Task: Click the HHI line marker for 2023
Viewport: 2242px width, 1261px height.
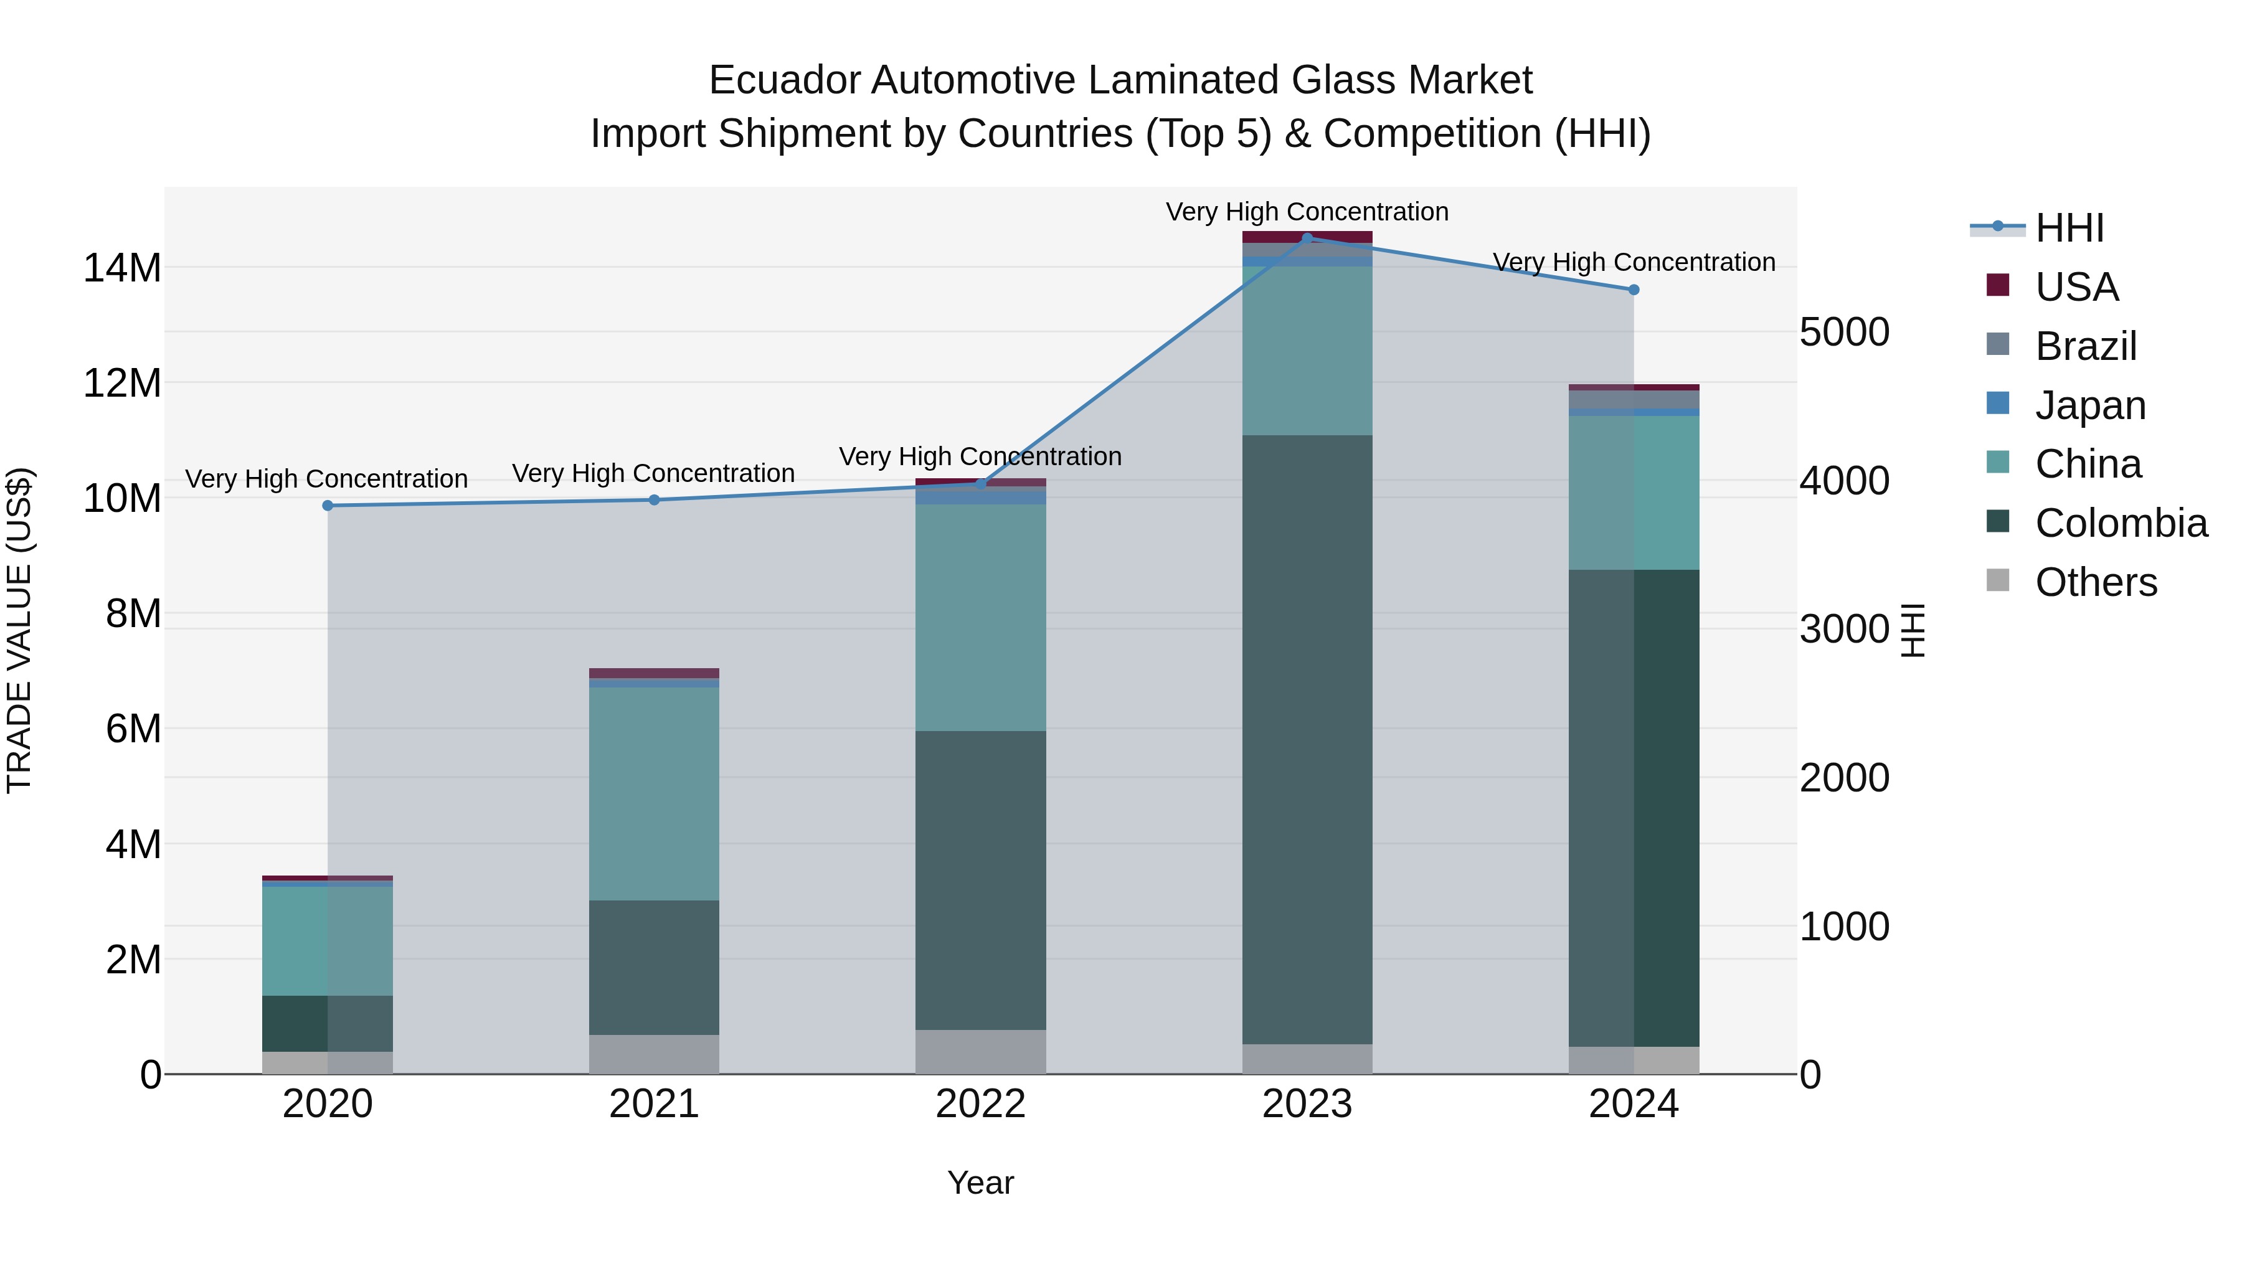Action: pos(1307,238)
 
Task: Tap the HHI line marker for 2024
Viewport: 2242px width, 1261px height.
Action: pos(1634,290)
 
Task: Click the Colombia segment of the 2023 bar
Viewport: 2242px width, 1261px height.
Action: pos(1307,740)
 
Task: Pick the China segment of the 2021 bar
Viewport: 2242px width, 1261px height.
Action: pos(654,794)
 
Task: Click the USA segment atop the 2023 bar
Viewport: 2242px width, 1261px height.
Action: pos(1307,237)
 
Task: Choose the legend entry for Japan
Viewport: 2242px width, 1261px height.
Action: pos(2089,405)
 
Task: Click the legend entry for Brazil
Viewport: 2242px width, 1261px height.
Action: pos(2085,346)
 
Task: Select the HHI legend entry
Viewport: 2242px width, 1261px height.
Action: pos(2069,228)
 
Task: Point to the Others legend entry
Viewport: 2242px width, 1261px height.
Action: pos(2095,582)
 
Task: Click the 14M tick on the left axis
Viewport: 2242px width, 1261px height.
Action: pos(122,267)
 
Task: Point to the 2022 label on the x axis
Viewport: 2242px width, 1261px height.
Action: pos(980,1104)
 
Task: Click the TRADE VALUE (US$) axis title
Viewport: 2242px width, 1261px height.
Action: pos(19,630)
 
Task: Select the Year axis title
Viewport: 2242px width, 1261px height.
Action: pos(980,1183)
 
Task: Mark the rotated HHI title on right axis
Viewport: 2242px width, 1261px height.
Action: pos(1912,630)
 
